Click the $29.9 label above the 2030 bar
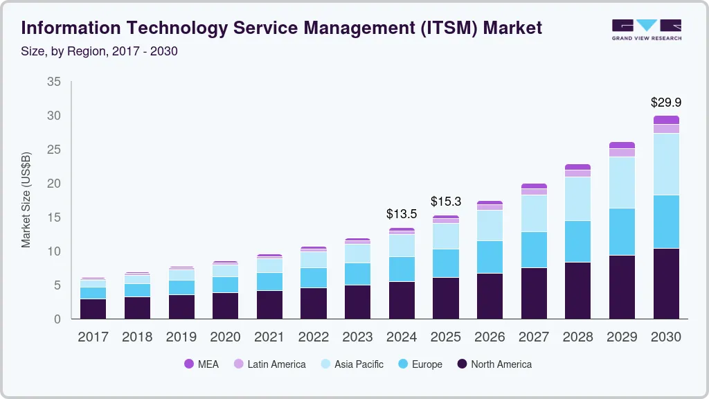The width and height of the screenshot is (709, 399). [x=666, y=103]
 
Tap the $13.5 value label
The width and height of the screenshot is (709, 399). [x=402, y=214]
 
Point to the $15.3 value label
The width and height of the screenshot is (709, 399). [x=446, y=202]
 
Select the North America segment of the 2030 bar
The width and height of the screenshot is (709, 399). [x=666, y=283]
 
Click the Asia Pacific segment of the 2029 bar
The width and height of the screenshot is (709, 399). [x=622, y=182]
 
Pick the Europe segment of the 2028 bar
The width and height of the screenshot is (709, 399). [x=577, y=241]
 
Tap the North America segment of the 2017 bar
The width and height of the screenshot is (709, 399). [x=93, y=309]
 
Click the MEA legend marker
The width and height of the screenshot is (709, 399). [x=188, y=364]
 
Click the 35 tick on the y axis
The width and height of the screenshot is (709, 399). [x=53, y=82]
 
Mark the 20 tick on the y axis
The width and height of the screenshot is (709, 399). [x=53, y=184]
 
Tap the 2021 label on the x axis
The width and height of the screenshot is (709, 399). [x=269, y=337]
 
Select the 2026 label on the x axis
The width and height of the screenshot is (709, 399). [x=490, y=337]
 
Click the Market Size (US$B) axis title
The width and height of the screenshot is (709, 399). [x=26, y=200]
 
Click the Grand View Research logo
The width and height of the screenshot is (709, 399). [x=646, y=29]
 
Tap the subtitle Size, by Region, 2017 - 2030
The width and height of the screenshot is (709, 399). [x=100, y=51]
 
